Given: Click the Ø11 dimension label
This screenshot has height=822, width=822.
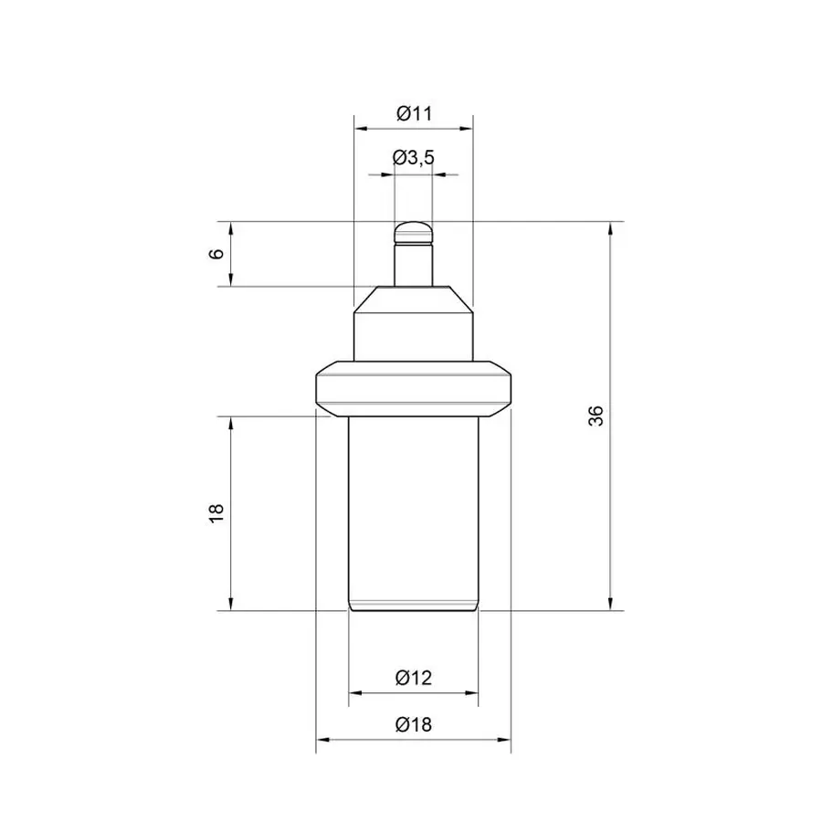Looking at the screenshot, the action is (x=414, y=113).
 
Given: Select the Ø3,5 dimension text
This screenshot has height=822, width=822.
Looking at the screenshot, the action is (x=414, y=157).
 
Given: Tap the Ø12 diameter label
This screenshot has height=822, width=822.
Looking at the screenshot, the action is (x=414, y=678).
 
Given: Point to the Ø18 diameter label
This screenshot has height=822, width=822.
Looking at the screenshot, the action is (x=414, y=725).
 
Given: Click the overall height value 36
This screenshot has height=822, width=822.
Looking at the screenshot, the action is (x=596, y=416).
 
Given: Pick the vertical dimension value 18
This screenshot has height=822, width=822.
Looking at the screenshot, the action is (x=216, y=513).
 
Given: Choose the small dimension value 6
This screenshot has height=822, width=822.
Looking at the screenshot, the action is (x=216, y=254).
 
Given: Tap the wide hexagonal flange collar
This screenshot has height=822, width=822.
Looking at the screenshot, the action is (x=414, y=389).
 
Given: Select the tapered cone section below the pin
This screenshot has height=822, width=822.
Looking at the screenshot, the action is (x=414, y=300).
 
